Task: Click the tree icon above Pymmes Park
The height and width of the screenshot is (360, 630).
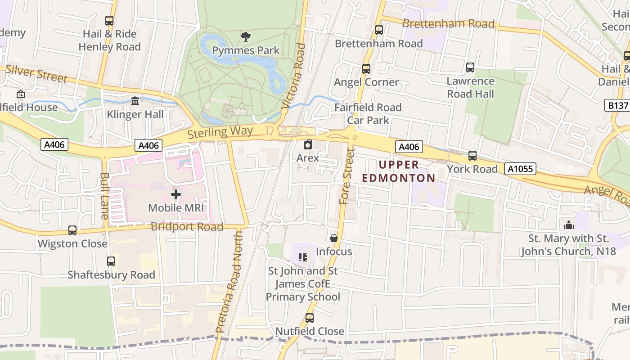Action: point(246,37)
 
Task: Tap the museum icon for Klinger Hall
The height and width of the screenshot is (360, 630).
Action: point(135,101)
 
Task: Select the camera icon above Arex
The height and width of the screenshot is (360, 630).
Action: point(308,144)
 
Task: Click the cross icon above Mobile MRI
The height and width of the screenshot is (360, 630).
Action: point(176,194)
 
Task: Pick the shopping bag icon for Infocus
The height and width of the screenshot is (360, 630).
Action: point(333,238)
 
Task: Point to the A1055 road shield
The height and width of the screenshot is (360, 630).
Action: point(521,169)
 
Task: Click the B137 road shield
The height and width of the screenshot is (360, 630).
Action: point(616,105)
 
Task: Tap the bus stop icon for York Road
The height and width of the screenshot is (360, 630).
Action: point(472,156)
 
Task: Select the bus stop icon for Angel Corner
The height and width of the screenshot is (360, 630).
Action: point(366,69)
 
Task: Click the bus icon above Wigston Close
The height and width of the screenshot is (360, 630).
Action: point(72,230)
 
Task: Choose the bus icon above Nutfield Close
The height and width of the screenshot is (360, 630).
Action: point(310,318)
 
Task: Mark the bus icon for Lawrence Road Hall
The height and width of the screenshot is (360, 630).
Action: point(470,67)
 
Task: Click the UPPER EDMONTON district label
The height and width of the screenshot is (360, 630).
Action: point(399,171)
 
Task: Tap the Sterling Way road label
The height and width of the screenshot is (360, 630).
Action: point(220,132)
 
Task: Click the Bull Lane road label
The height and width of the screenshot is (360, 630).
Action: point(104,196)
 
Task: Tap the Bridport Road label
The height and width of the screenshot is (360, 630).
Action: point(187,227)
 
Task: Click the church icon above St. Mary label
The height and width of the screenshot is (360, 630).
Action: point(569,225)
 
